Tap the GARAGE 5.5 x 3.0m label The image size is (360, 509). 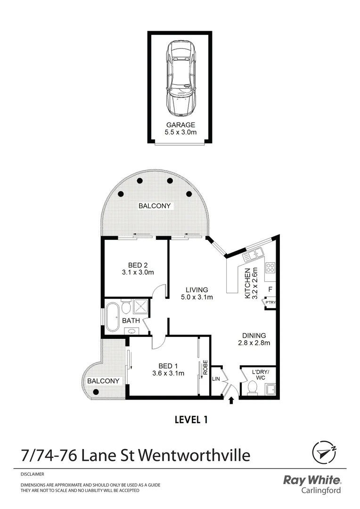click(x=180, y=128)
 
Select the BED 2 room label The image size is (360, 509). click(x=135, y=269)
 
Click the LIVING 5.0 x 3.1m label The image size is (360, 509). click(x=196, y=293)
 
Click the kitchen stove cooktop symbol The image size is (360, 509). click(x=270, y=268)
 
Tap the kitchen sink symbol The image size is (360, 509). click(x=253, y=255)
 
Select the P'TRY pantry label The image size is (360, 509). click(x=270, y=303)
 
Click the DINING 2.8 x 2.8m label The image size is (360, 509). click(x=254, y=339)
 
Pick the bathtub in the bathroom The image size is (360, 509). click(x=113, y=318)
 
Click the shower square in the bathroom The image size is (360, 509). click(x=140, y=307)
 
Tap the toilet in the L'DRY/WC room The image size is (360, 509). click(x=252, y=387)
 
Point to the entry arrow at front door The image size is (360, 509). click(x=231, y=401)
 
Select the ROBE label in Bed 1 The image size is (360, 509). click(x=205, y=368)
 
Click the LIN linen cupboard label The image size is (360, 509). click(x=216, y=379)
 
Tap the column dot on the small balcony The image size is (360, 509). click(x=96, y=392)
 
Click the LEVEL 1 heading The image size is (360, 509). click(x=191, y=419)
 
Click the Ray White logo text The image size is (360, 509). click(x=312, y=480)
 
